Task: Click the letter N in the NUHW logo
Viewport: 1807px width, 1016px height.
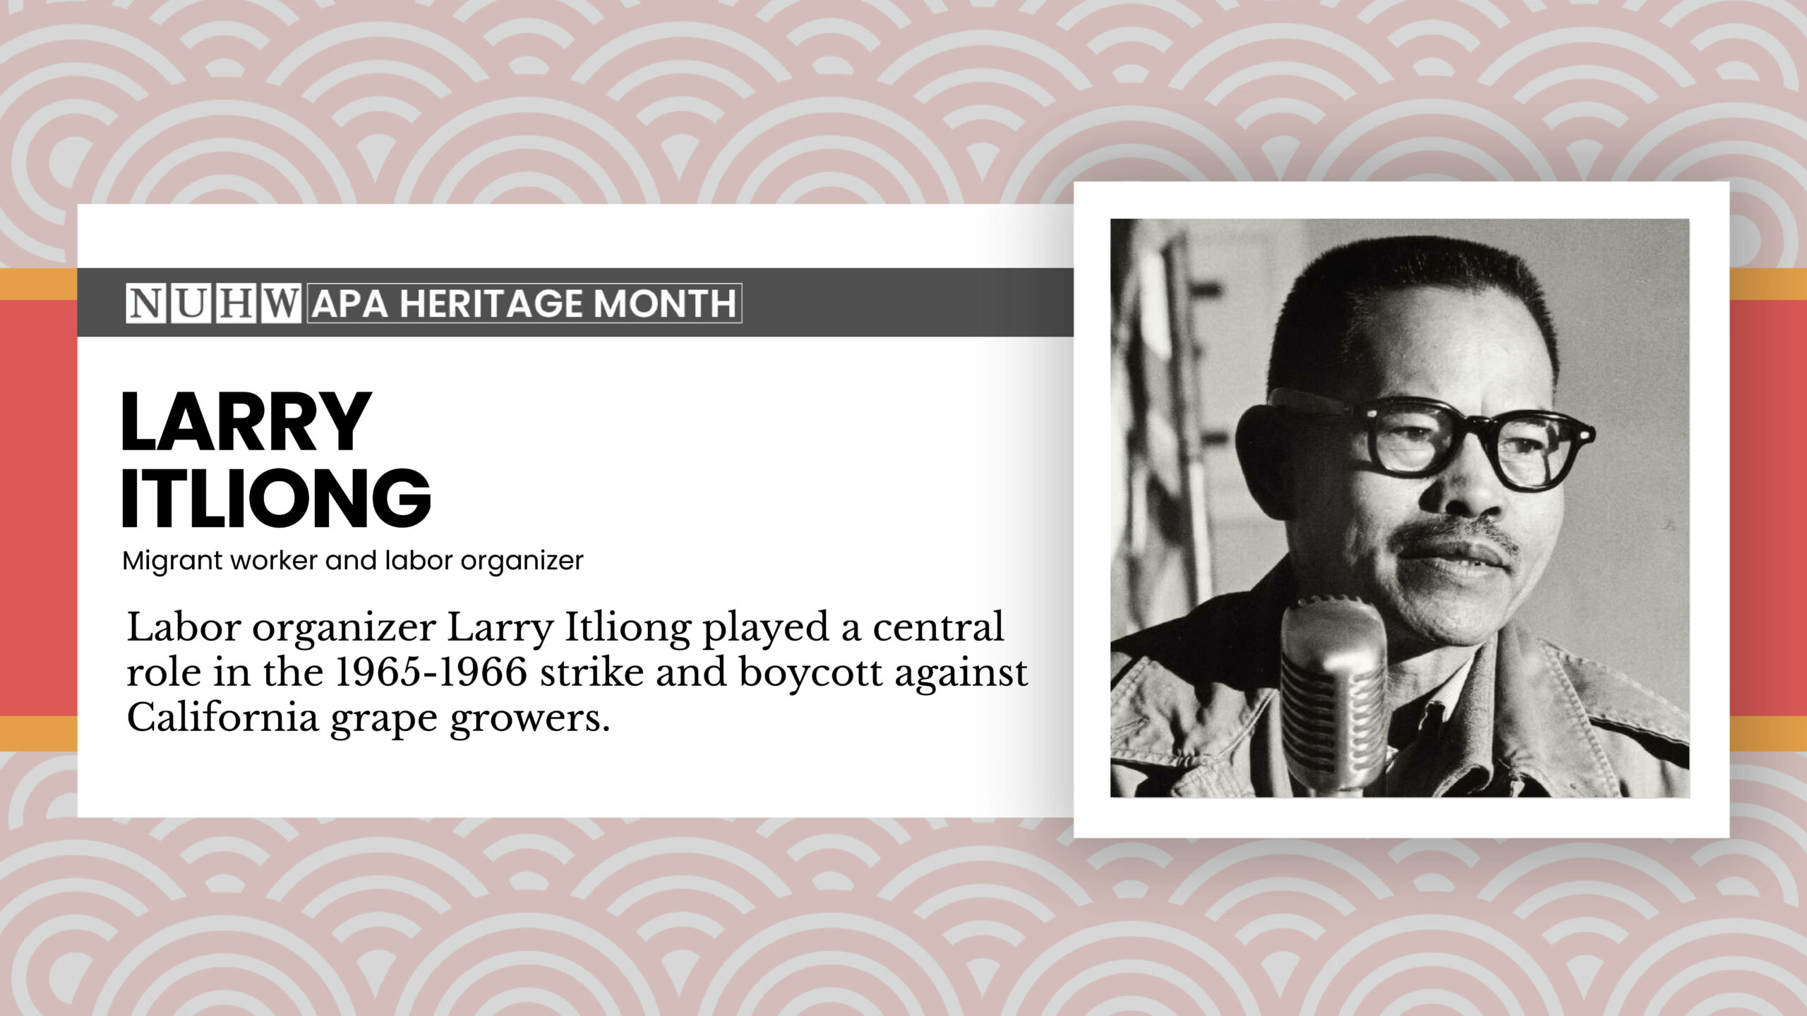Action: pos(145,303)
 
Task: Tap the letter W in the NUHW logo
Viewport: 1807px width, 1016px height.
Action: pos(281,303)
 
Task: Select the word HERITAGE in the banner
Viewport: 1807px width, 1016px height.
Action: pos(491,304)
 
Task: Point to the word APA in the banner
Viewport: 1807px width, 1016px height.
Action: pos(349,304)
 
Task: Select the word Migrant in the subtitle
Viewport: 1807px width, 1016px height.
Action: pos(172,561)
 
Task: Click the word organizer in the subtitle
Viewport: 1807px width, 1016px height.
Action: pos(522,561)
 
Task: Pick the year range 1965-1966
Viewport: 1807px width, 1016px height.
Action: pos(431,672)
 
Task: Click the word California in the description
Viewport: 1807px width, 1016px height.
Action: pos(222,718)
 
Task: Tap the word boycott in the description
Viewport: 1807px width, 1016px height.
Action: pos(811,672)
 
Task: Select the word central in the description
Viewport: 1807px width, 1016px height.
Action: pos(938,627)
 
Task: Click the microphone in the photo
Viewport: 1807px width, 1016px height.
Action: pos(1333,691)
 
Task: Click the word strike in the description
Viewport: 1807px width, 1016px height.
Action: pos(592,672)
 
